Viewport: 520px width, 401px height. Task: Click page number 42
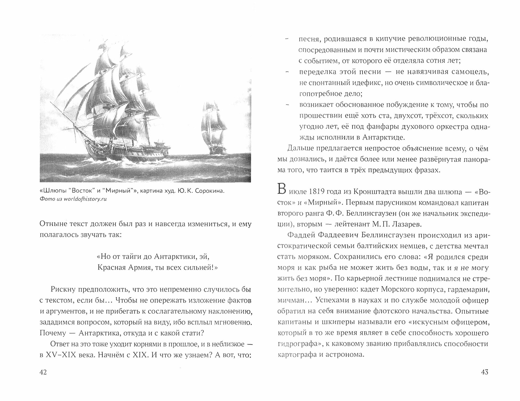coord(43,372)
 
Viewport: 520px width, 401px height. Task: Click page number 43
coord(485,372)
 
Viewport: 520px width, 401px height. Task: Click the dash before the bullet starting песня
coord(287,39)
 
